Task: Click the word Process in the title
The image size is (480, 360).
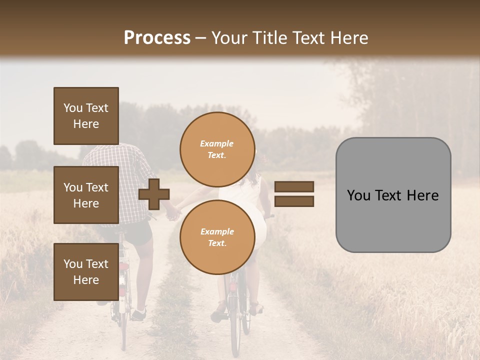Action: click(157, 38)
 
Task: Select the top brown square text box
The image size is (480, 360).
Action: click(86, 116)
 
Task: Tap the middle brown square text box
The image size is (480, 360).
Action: click(86, 195)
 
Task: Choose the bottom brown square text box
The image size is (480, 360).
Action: click(86, 272)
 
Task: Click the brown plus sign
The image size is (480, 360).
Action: click(154, 194)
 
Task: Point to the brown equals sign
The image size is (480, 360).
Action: click(294, 194)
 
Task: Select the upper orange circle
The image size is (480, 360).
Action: click(217, 149)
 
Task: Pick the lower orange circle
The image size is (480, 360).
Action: click(217, 237)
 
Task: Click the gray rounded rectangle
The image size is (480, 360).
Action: click(393, 195)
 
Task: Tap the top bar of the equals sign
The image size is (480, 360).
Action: click(294, 186)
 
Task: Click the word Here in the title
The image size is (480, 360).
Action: click(348, 38)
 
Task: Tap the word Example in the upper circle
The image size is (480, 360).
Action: click(216, 143)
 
